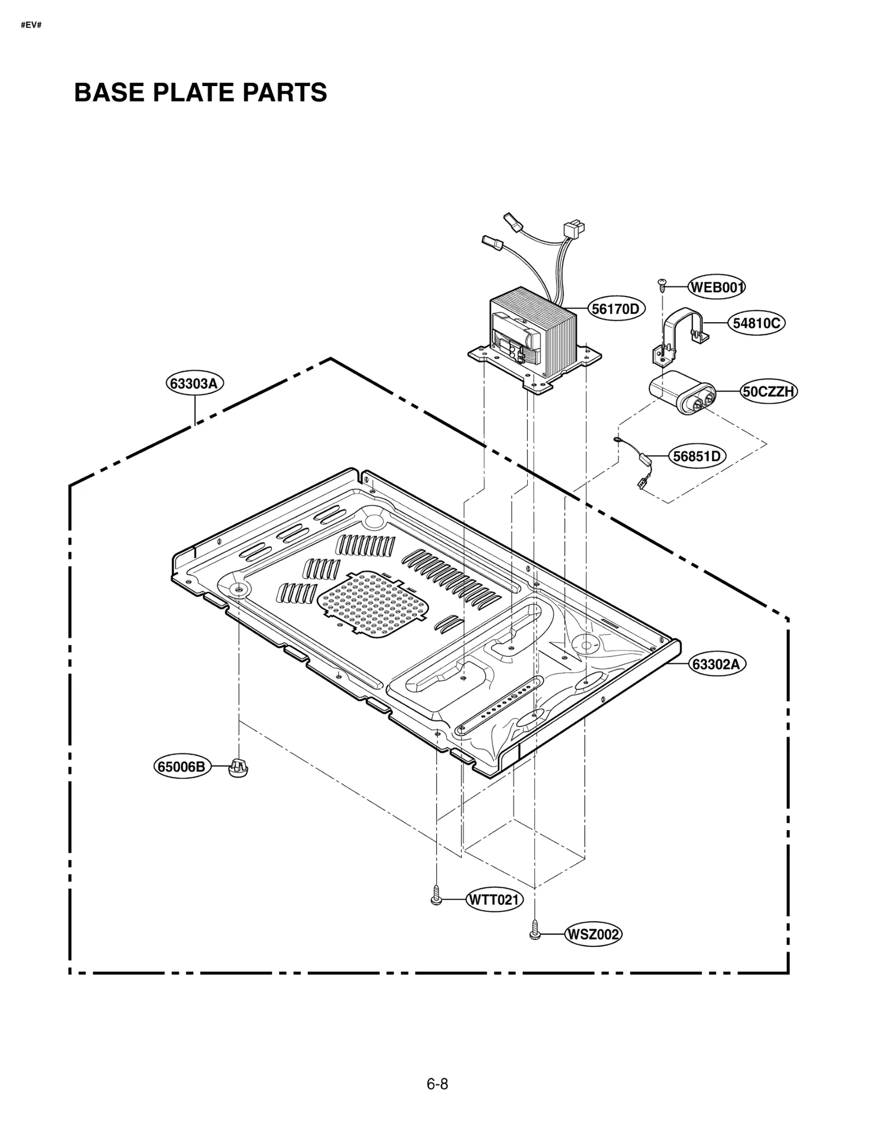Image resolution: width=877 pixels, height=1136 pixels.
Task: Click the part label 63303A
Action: click(x=194, y=383)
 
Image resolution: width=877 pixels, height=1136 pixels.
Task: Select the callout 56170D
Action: click(x=616, y=309)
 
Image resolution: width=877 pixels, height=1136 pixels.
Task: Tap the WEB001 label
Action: click(x=716, y=287)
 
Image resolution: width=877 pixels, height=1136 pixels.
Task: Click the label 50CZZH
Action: click(x=768, y=391)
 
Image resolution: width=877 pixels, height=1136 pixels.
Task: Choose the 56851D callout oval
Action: click(x=697, y=456)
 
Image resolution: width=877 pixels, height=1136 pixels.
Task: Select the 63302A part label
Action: click(x=716, y=664)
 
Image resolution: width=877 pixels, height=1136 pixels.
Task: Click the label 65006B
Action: click(x=181, y=767)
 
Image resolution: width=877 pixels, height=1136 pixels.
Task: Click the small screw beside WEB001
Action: click(x=662, y=284)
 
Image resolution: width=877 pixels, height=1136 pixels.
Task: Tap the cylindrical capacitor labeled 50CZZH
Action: click(x=682, y=392)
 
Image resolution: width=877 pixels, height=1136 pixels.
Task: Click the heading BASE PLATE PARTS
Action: click(x=201, y=93)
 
